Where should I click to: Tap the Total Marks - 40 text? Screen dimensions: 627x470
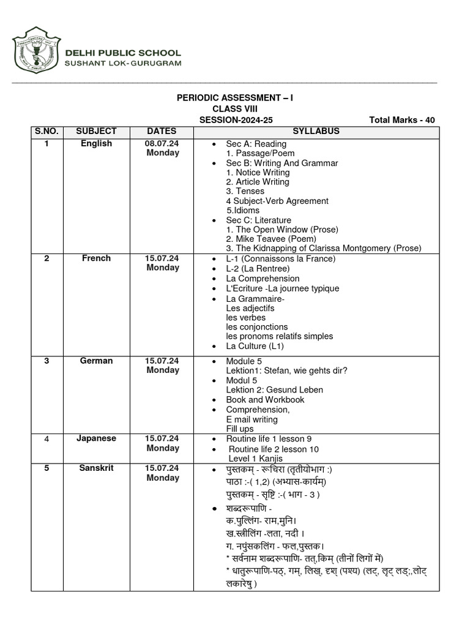pyautogui.click(x=402, y=120)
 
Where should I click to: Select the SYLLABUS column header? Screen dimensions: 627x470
pyautogui.click(x=316, y=131)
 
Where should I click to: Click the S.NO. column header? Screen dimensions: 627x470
pyautogui.click(x=47, y=131)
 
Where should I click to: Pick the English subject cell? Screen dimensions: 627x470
pyautogui.click(x=96, y=143)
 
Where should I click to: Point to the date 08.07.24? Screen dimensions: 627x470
pyautogui.click(x=162, y=143)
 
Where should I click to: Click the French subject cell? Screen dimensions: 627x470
pyautogui.click(x=96, y=258)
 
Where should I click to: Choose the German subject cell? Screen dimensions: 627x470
pyautogui.click(x=96, y=361)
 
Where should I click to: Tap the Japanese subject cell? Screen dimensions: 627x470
pyautogui.click(x=96, y=438)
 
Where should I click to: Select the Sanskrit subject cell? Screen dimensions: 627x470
pyautogui.click(x=96, y=468)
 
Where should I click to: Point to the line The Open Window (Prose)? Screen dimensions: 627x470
pyautogui.click(x=282, y=230)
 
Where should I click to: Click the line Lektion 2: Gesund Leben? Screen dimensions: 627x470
pyautogui.click(x=274, y=390)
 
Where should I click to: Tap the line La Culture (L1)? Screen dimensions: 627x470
pyautogui.click(x=255, y=346)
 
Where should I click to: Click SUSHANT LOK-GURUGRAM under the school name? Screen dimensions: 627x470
pyautogui.click(x=123, y=64)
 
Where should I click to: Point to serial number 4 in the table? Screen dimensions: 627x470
pyautogui.click(x=47, y=439)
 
